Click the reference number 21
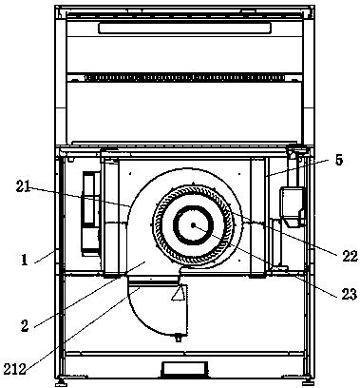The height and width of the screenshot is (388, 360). click(23, 187)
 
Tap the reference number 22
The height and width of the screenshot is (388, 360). click(350, 256)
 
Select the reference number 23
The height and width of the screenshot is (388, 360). click(350, 294)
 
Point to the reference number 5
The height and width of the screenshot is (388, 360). click(339, 160)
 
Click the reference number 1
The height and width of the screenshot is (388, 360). click(24, 260)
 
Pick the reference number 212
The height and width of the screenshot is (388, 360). click(15, 369)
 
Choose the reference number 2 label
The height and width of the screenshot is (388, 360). click(25, 325)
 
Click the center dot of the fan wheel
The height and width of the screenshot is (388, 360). click(193, 225)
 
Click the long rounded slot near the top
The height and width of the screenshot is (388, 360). click(184, 28)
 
